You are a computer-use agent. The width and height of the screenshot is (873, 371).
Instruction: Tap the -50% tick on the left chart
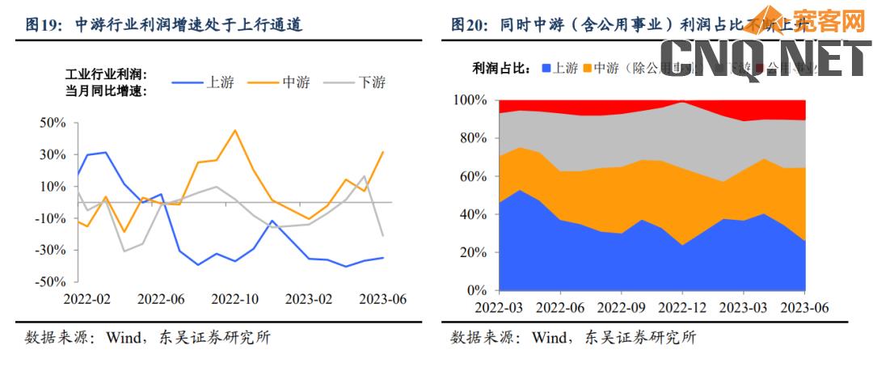tap(51, 281)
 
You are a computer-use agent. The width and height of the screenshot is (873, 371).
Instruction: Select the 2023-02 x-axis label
tap(309, 299)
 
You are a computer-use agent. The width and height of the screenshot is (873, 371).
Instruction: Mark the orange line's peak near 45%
tap(235, 130)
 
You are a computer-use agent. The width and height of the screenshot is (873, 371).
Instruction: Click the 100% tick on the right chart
tap(470, 100)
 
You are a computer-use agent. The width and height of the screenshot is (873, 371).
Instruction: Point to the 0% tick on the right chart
tap(476, 290)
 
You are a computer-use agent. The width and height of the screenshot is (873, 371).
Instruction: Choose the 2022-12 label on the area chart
tap(682, 308)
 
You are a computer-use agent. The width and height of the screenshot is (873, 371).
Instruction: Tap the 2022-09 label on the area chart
tap(622, 308)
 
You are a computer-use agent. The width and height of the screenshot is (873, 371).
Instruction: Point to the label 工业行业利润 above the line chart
tap(105, 74)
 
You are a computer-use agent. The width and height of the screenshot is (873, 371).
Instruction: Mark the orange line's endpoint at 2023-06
tap(382, 152)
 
